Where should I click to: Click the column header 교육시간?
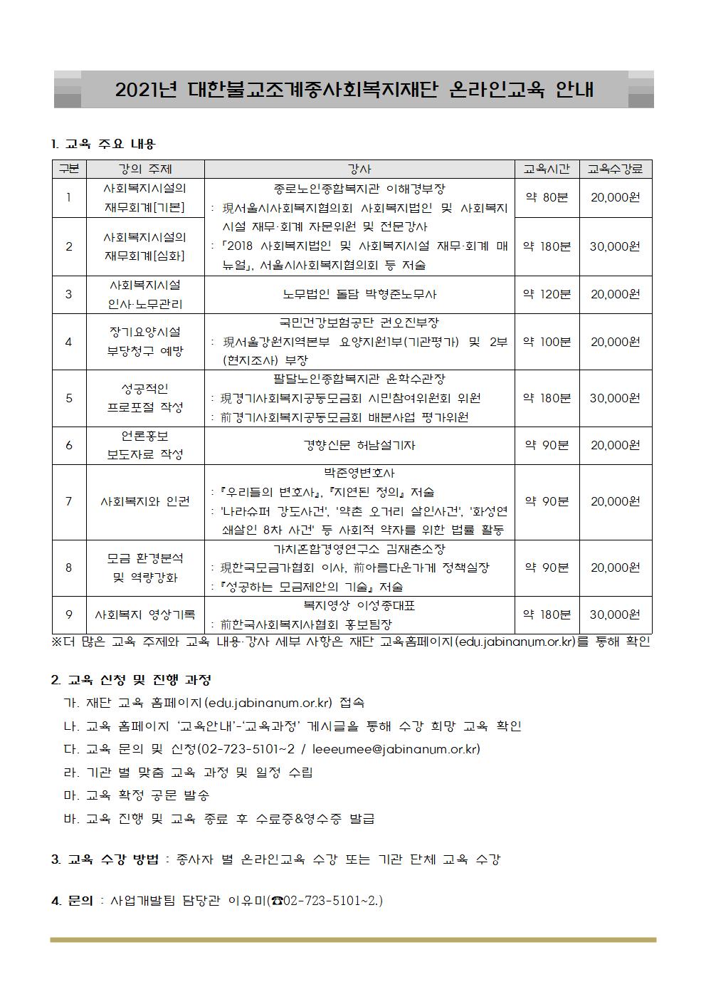click(x=547, y=169)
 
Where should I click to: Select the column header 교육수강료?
click(x=615, y=169)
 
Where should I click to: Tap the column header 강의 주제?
click(x=145, y=169)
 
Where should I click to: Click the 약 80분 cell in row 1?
click(x=547, y=197)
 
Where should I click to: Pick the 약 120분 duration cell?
click(x=547, y=294)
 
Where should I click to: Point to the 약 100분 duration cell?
click(x=547, y=342)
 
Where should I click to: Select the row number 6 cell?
click(x=69, y=445)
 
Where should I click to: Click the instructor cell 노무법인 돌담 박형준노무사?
click(x=359, y=294)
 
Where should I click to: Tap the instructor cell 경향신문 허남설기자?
click(x=359, y=445)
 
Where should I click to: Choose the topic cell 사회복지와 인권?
click(x=145, y=501)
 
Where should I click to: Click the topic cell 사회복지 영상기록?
click(x=145, y=614)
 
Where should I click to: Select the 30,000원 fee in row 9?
click(x=615, y=614)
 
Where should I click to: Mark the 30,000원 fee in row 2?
click(x=615, y=246)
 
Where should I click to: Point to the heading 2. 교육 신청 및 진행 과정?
click(x=131, y=680)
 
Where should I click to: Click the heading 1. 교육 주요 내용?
click(x=103, y=145)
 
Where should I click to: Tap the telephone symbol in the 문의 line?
click(x=276, y=901)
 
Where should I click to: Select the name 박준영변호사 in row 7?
click(x=359, y=473)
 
